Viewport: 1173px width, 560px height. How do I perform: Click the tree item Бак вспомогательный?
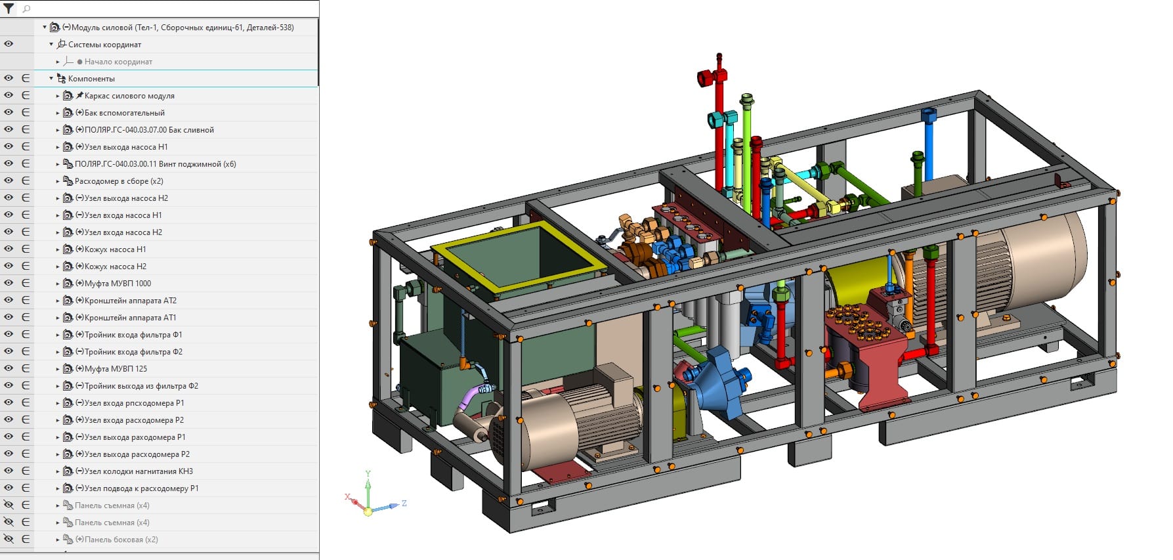point(124,113)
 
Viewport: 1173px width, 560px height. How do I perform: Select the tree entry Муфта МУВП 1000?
point(117,284)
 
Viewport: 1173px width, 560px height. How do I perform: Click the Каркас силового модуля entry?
point(129,96)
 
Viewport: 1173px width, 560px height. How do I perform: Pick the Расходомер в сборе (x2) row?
point(119,181)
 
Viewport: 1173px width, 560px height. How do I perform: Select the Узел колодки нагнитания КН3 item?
point(139,471)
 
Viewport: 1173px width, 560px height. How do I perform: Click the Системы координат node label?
point(104,45)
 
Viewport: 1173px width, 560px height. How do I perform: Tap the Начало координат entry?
point(118,62)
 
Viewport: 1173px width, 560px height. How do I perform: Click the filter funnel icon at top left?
point(9,9)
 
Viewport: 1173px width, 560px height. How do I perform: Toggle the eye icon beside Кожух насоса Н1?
point(9,249)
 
